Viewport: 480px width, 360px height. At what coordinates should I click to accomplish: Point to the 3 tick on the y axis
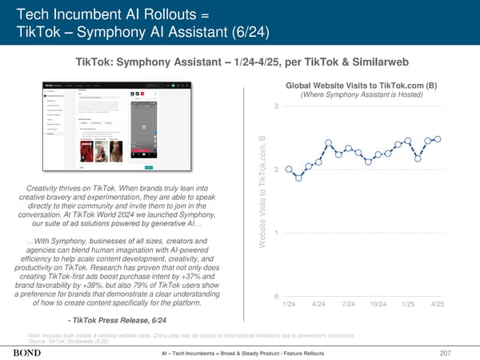coord(275,107)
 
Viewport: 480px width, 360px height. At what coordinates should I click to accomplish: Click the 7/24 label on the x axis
coord(347,305)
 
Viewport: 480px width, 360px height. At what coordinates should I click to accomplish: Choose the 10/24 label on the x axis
coord(378,305)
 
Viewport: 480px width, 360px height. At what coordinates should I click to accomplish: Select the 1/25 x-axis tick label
coord(409,305)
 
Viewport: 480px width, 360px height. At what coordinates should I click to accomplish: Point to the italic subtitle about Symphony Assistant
coord(359,96)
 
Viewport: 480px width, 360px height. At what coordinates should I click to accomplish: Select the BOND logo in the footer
coord(28,352)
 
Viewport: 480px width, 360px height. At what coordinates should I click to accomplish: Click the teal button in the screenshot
coord(149,167)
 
